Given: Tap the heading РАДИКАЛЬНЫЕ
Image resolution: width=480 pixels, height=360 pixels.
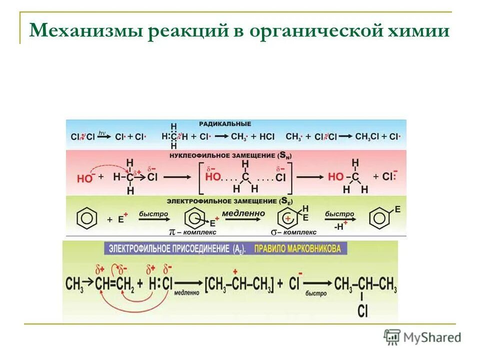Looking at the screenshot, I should click(x=224, y=123).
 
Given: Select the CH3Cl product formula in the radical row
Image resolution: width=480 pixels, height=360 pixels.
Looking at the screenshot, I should click(x=370, y=136).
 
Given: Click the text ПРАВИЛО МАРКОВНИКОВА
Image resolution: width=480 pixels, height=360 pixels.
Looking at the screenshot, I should click(x=297, y=248).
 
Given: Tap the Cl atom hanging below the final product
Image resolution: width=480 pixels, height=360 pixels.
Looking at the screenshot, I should click(x=363, y=311).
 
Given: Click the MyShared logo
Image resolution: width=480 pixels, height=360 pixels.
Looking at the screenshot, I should click(x=422, y=337).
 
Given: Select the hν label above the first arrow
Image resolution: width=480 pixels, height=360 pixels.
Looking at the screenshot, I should click(x=102, y=132).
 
